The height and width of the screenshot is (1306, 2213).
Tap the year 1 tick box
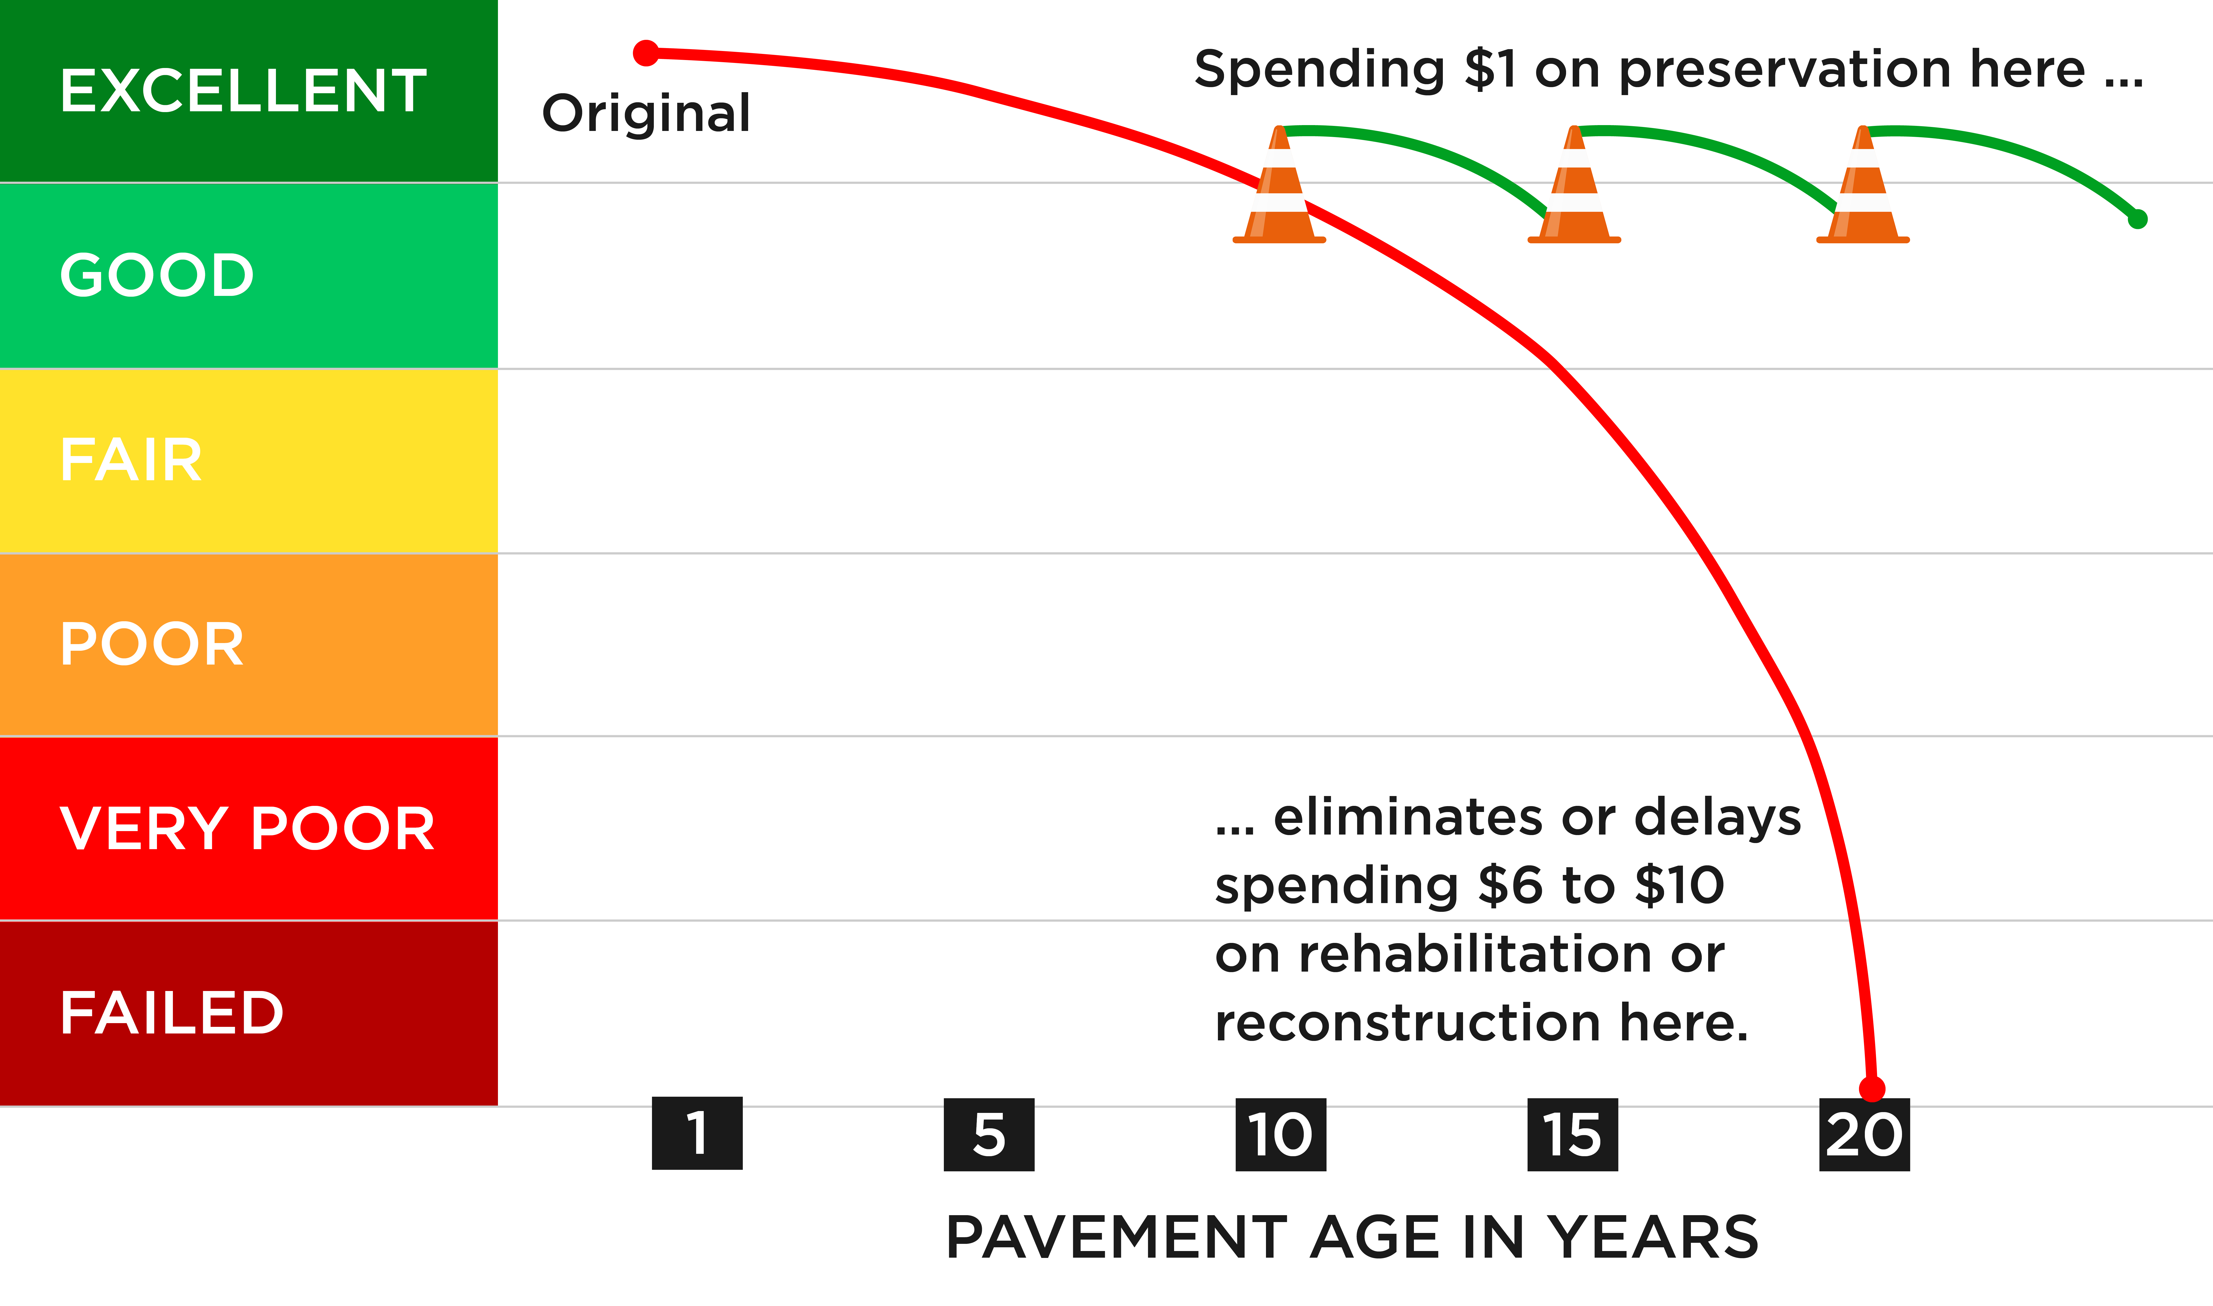(x=697, y=1134)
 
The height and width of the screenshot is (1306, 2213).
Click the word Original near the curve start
(x=646, y=113)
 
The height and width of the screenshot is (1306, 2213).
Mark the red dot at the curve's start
(x=646, y=53)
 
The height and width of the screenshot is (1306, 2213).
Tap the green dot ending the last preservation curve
(x=2137, y=219)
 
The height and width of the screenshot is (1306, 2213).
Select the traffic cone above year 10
(x=1280, y=186)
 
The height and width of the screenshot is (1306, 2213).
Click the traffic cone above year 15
(x=1574, y=186)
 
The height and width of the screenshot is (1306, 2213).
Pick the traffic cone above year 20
(x=1863, y=186)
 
